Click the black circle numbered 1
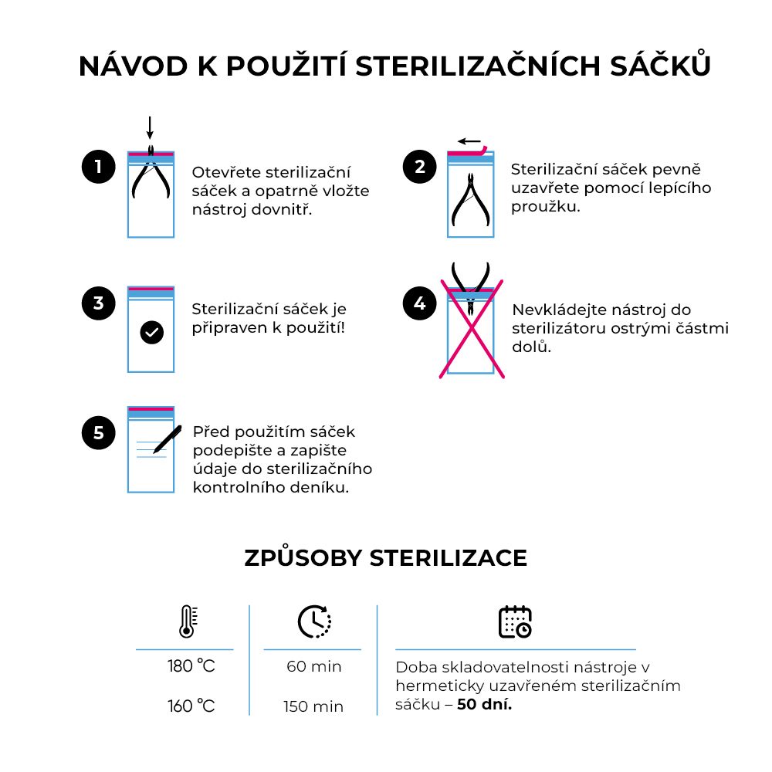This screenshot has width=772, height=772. tap(98, 168)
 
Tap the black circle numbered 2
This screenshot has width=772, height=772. tap(419, 168)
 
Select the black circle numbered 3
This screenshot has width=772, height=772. tap(98, 303)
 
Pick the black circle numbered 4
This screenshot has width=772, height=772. tap(419, 303)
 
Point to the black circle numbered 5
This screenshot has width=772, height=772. tap(98, 433)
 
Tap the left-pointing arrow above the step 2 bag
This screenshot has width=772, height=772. tap(468, 141)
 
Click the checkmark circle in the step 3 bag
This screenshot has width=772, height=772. tap(152, 333)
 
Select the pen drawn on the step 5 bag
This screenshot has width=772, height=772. tap(168, 438)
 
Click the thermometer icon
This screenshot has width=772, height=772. tap(186, 621)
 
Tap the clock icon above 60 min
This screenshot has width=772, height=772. tap(314, 621)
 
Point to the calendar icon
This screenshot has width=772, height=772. tap(515, 621)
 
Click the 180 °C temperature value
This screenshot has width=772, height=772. tap(191, 666)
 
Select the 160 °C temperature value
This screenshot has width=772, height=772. tap(191, 706)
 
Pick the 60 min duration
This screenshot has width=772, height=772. tap(314, 666)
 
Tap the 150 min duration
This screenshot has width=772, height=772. tap(313, 706)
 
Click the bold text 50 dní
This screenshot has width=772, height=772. tap(484, 704)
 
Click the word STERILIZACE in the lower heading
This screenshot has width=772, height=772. tap(449, 558)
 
